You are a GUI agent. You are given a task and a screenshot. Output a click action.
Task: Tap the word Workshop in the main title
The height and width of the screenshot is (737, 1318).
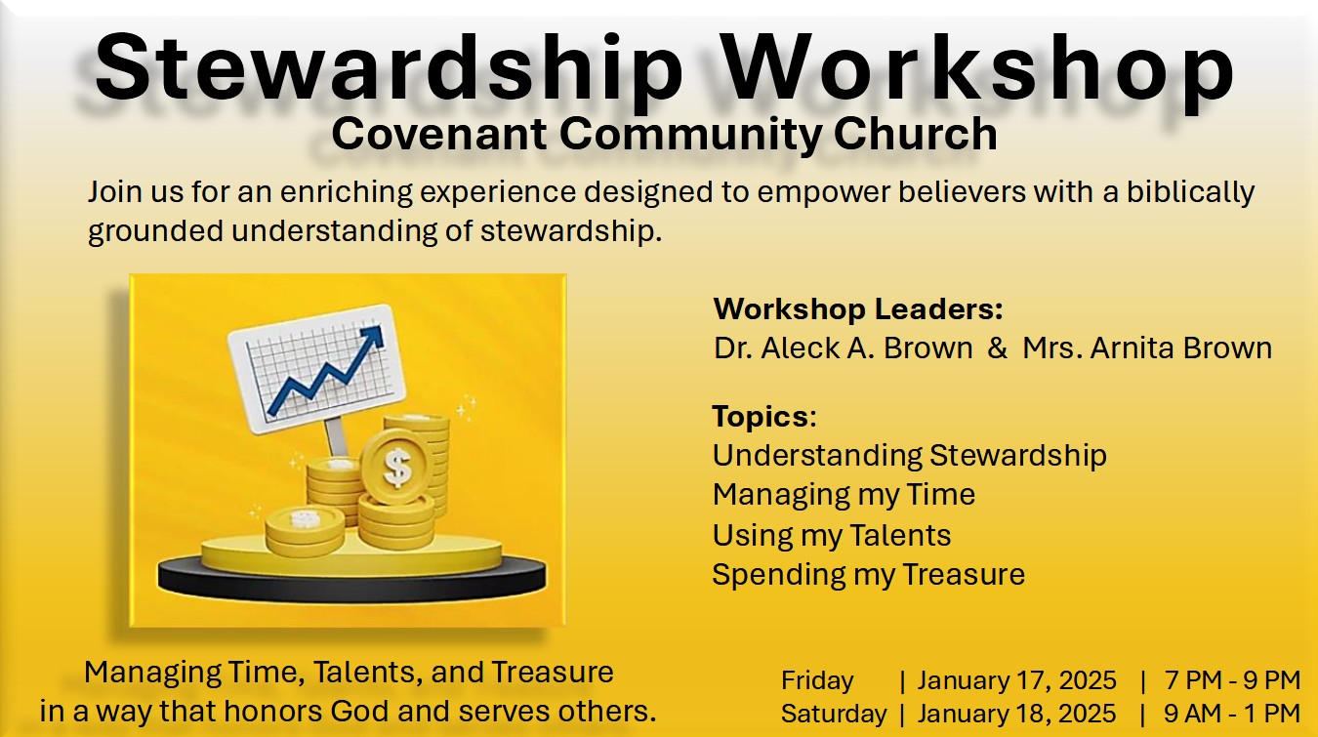click(x=978, y=69)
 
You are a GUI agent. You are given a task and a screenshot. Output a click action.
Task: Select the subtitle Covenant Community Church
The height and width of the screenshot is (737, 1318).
click(x=664, y=135)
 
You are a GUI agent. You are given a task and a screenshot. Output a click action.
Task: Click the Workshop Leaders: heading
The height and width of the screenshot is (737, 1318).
click(x=858, y=308)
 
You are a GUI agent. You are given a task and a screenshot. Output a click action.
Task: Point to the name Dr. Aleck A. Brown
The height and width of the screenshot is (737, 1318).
click(x=844, y=348)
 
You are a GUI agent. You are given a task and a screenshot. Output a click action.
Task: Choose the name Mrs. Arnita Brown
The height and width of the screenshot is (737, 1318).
click(x=1147, y=348)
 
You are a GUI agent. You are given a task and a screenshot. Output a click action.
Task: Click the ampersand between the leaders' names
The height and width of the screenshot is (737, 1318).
click(x=998, y=348)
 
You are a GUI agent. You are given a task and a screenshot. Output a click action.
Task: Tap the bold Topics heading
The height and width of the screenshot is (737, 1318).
click(x=761, y=417)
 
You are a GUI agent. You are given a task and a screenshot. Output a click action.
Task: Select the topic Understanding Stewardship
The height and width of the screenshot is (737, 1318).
click(x=910, y=456)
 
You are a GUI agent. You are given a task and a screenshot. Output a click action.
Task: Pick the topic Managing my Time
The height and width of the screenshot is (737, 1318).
click(x=844, y=495)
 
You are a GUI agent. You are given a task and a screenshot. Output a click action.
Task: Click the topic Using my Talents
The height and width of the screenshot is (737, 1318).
click(x=832, y=536)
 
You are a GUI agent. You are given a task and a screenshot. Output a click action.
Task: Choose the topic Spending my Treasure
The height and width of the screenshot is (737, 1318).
click(x=869, y=575)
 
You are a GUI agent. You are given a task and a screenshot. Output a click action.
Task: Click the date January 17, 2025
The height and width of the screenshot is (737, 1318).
click(x=1016, y=680)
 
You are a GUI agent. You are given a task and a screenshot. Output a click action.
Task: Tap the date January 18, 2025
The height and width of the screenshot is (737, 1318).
click(x=1016, y=715)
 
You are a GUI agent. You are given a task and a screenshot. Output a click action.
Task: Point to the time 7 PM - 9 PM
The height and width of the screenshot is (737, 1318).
click(x=1232, y=680)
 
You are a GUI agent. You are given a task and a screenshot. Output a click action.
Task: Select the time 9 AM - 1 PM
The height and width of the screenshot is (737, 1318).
click(x=1232, y=715)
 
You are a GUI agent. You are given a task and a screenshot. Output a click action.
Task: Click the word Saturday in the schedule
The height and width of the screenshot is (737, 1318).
click(x=834, y=715)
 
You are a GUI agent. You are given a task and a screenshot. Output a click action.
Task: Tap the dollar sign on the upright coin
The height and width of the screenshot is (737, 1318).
click(x=396, y=468)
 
